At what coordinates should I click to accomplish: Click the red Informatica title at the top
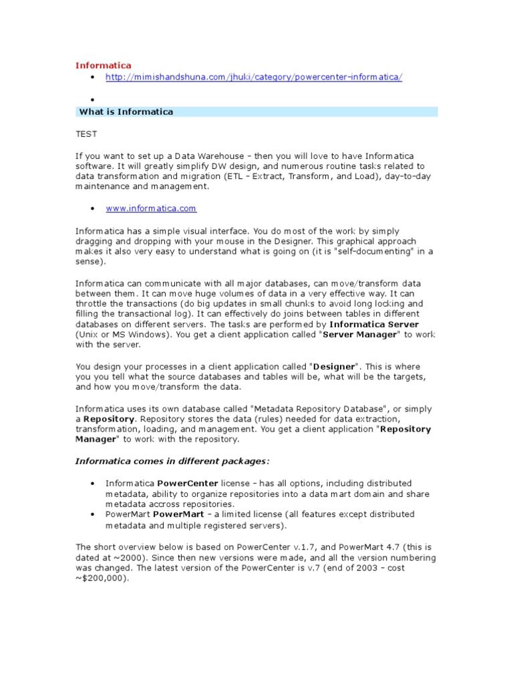[x=103, y=65]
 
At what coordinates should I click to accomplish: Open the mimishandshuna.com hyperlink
[x=254, y=77]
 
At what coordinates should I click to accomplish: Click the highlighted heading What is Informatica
[x=126, y=112]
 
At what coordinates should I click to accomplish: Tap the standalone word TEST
[x=86, y=134]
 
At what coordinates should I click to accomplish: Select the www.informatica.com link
[x=151, y=208]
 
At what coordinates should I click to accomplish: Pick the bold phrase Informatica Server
[x=375, y=324]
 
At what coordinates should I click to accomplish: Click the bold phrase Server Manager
[x=359, y=335]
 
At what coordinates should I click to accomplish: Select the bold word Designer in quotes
[x=337, y=366]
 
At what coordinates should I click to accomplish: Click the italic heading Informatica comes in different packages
[x=172, y=462]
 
